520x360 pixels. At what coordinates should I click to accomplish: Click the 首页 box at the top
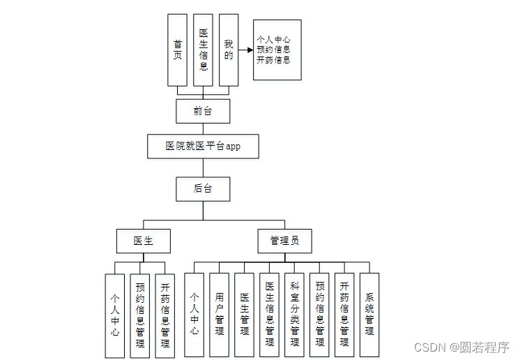(x=178, y=50)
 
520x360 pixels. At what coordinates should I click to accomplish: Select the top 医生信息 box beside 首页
(x=203, y=50)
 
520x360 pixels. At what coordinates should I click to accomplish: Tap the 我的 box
(x=228, y=50)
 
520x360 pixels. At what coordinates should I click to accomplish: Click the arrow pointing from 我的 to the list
(x=245, y=50)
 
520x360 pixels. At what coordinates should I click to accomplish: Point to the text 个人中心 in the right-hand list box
(x=274, y=40)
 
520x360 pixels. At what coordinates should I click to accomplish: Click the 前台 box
(x=203, y=111)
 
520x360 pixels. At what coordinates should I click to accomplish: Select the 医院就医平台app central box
(x=203, y=147)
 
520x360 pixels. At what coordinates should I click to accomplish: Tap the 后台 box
(x=203, y=188)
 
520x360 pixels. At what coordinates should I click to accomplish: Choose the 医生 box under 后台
(x=144, y=241)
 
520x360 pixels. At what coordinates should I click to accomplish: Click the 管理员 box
(x=284, y=241)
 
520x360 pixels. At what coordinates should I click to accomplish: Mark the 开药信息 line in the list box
(x=274, y=60)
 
